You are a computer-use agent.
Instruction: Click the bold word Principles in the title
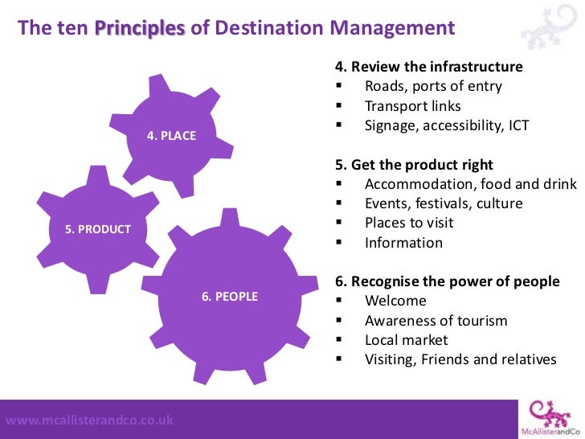point(141,29)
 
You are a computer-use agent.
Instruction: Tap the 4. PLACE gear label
point(172,136)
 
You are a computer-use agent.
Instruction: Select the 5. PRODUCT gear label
point(98,229)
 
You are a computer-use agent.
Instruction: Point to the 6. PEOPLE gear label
point(230,297)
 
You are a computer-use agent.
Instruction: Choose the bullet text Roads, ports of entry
point(433,86)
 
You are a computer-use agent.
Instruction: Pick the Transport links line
point(413,106)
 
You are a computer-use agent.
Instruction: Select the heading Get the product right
point(414,165)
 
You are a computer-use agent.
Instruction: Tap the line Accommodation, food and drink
point(470,184)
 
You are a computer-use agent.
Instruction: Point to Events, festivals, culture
point(444,203)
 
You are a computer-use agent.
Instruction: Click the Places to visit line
point(409,223)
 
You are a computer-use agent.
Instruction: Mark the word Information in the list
point(403,243)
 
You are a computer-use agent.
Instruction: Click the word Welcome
point(396,301)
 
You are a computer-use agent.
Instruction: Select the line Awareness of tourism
point(436,321)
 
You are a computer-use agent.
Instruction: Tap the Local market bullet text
point(407,340)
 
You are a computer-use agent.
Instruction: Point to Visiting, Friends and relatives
point(460,359)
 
